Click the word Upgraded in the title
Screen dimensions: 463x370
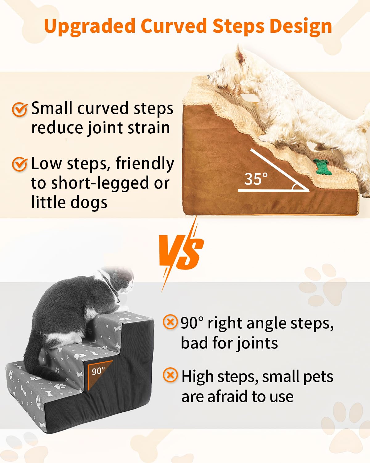point(89,27)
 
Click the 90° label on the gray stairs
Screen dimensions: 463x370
point(98,371)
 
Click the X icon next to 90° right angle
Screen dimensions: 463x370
point(170,322)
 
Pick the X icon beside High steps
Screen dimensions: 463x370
point(170,376)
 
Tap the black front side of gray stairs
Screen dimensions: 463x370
point(102,411)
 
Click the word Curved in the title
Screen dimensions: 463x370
point(174,27)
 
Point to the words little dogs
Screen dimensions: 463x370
point(69,202)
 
